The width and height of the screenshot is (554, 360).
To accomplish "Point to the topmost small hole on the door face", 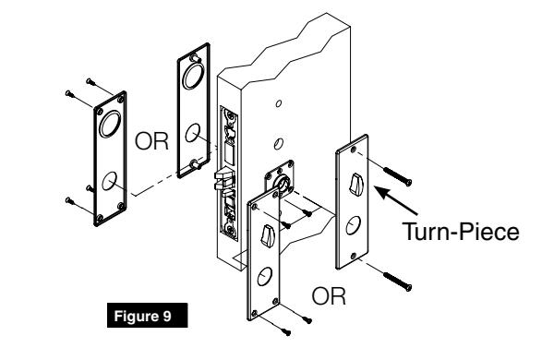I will [277, 104].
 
